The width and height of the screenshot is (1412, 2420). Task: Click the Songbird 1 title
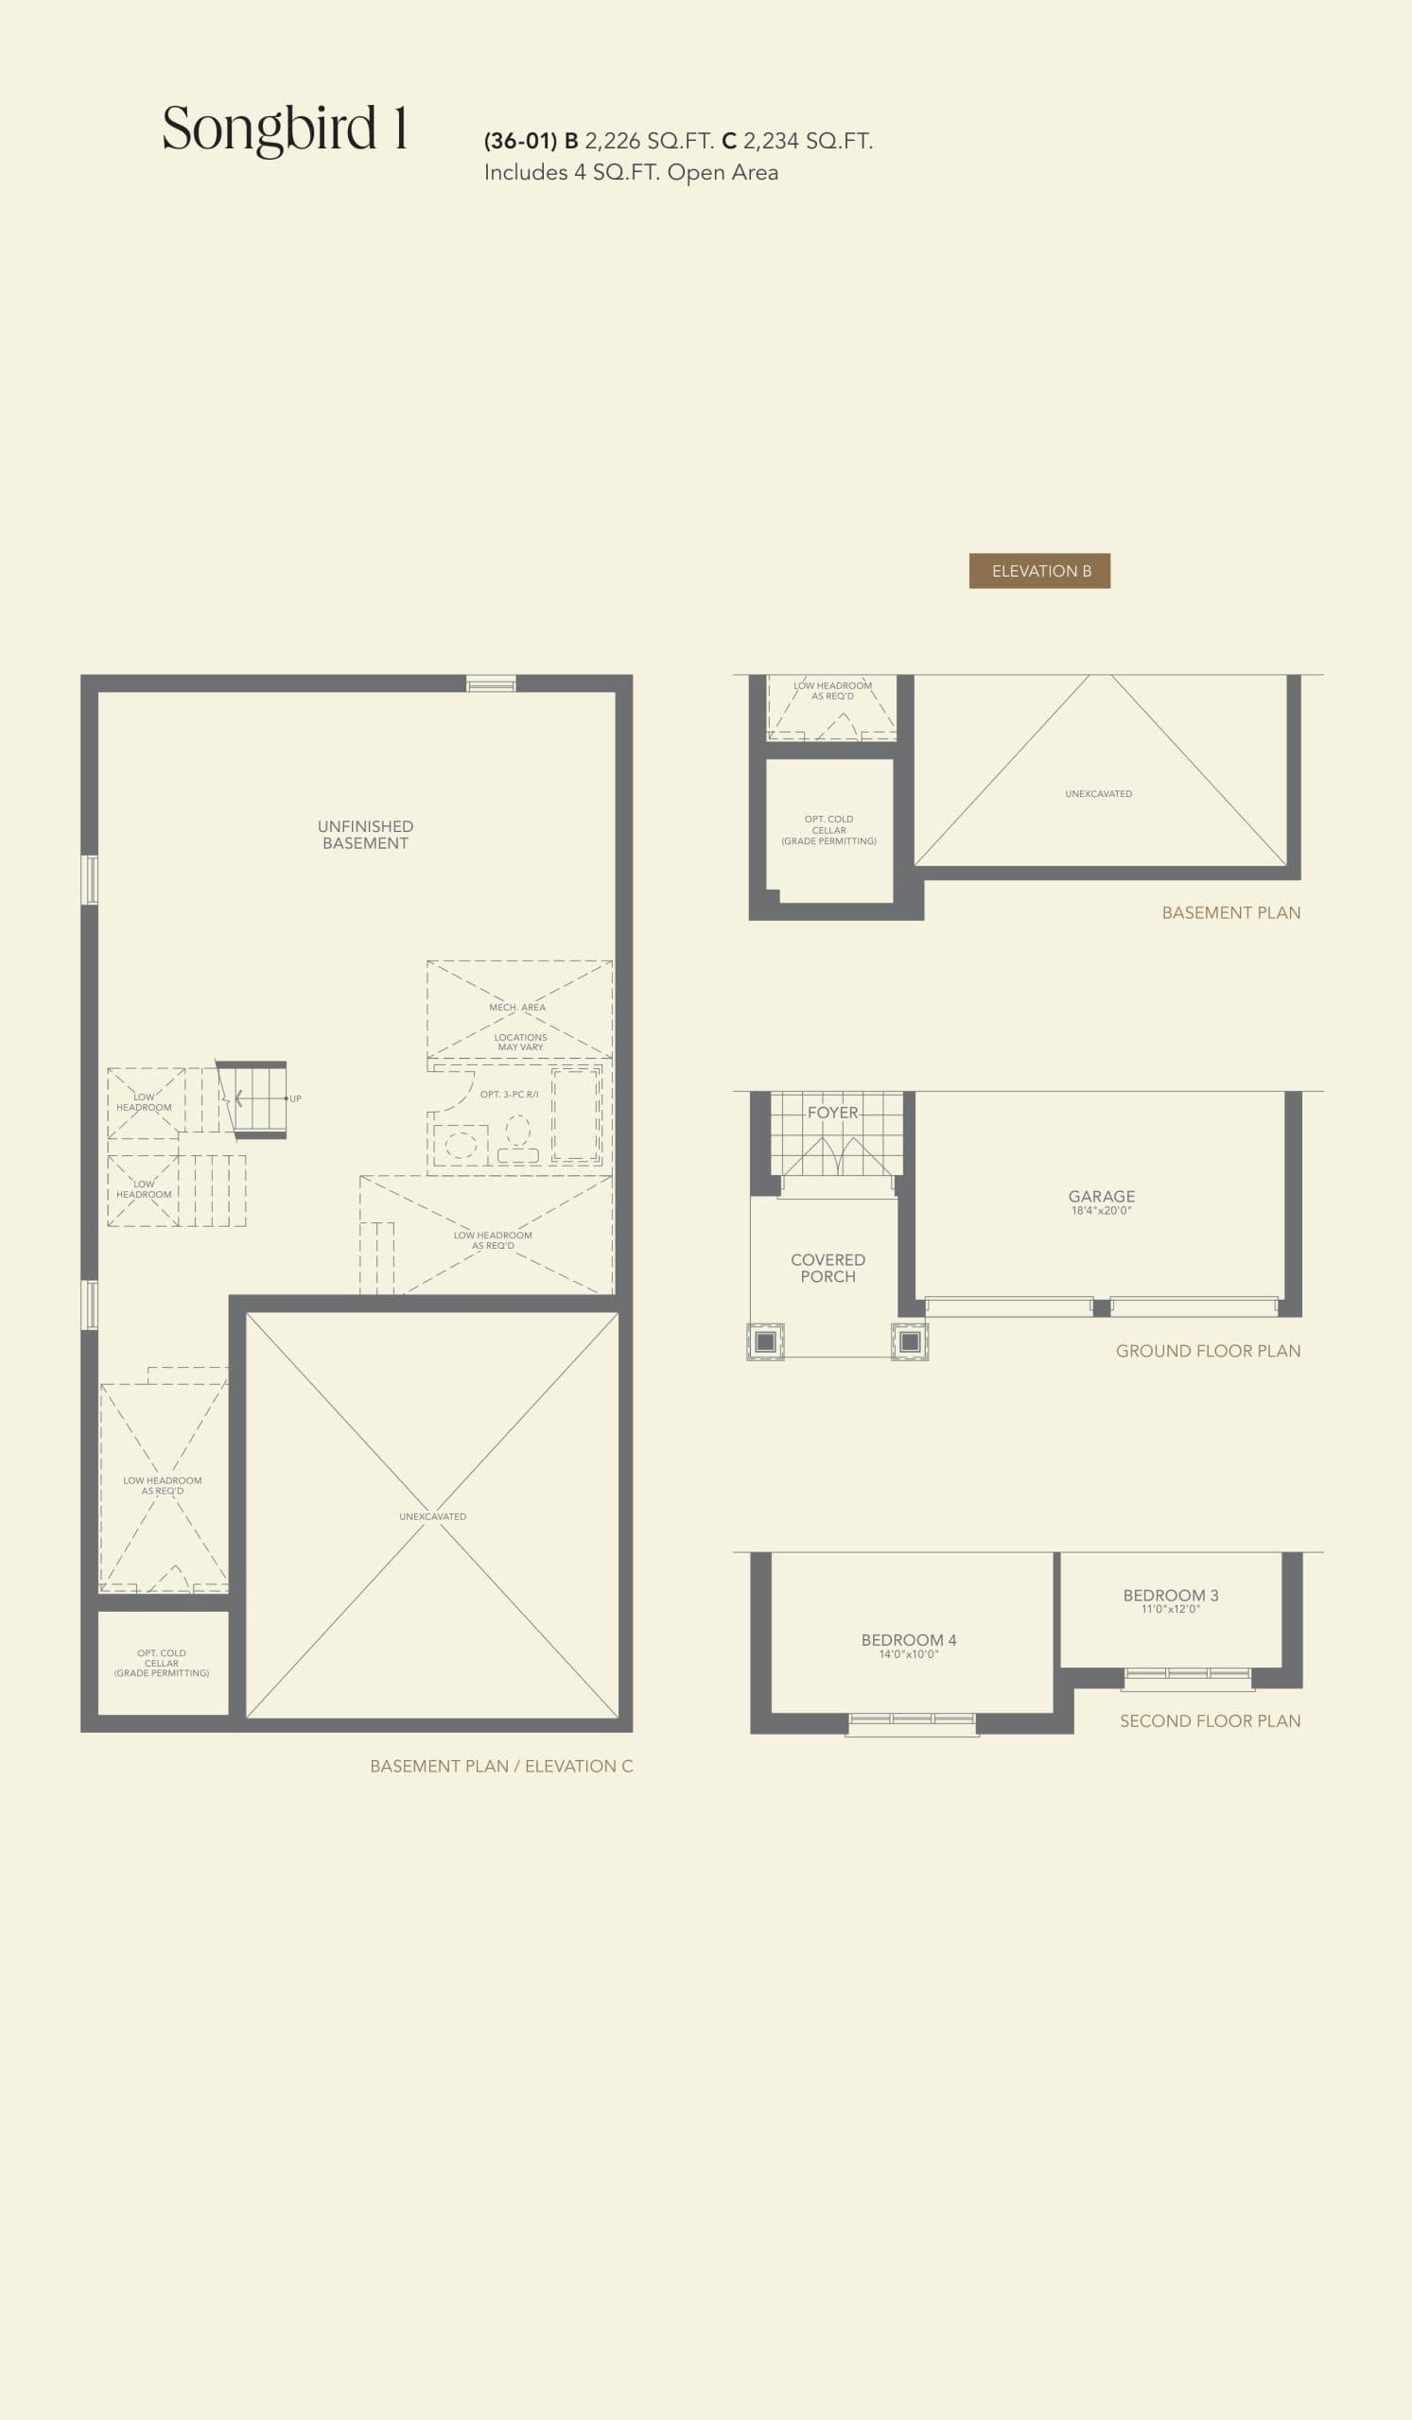tap(286, 129)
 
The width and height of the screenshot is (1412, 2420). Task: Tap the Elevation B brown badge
tap(1039, 570)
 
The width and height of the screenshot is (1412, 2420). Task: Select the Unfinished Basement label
tap(365, 835)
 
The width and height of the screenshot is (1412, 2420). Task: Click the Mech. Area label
tap(516, 1008)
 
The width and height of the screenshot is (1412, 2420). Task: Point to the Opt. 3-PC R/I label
tap(509, 1095)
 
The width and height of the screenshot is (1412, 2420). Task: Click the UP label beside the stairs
tap(296, 1098)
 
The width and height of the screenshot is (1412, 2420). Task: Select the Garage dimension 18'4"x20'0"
tap(1101, 1211)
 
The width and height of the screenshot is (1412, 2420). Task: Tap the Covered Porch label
tap(827, 1268)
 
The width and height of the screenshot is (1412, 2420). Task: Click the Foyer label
tap(832, 1112)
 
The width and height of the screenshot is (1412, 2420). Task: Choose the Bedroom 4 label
tap(908, 1640)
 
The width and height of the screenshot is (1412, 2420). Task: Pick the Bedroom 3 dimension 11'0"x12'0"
tap(1170, 1609)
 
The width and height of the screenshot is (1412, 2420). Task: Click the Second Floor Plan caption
tap(1210, 1720)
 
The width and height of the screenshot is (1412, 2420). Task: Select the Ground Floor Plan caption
tap(1208, 1350)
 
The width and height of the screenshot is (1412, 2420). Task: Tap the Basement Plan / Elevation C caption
tap(500, 1766)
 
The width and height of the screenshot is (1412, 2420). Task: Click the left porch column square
tap(765, 1341)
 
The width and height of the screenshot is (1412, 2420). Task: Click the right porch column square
tap(910, 1341)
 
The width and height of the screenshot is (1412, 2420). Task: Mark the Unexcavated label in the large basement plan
tap(432, 1516)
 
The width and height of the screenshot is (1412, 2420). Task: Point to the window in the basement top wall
tap(491, 683)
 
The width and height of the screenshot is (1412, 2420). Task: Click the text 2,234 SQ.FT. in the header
tap(807, 141)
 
